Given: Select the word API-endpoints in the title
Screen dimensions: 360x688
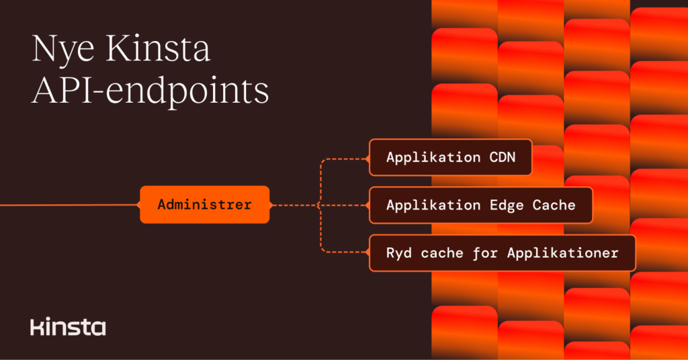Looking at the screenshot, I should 150,91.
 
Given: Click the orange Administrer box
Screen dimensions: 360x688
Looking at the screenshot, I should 204,204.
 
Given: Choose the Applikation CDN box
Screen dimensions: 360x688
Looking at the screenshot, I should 450,157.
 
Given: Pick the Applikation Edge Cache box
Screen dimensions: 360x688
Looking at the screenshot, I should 480,205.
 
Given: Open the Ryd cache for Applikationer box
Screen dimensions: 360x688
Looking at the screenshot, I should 502,253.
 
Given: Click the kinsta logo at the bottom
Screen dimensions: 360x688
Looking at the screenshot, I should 68,327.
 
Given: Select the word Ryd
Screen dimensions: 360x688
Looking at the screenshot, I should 398,253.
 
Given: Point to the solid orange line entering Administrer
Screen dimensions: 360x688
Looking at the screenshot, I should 67,205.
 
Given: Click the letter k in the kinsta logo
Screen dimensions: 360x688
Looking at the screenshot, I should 36,327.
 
